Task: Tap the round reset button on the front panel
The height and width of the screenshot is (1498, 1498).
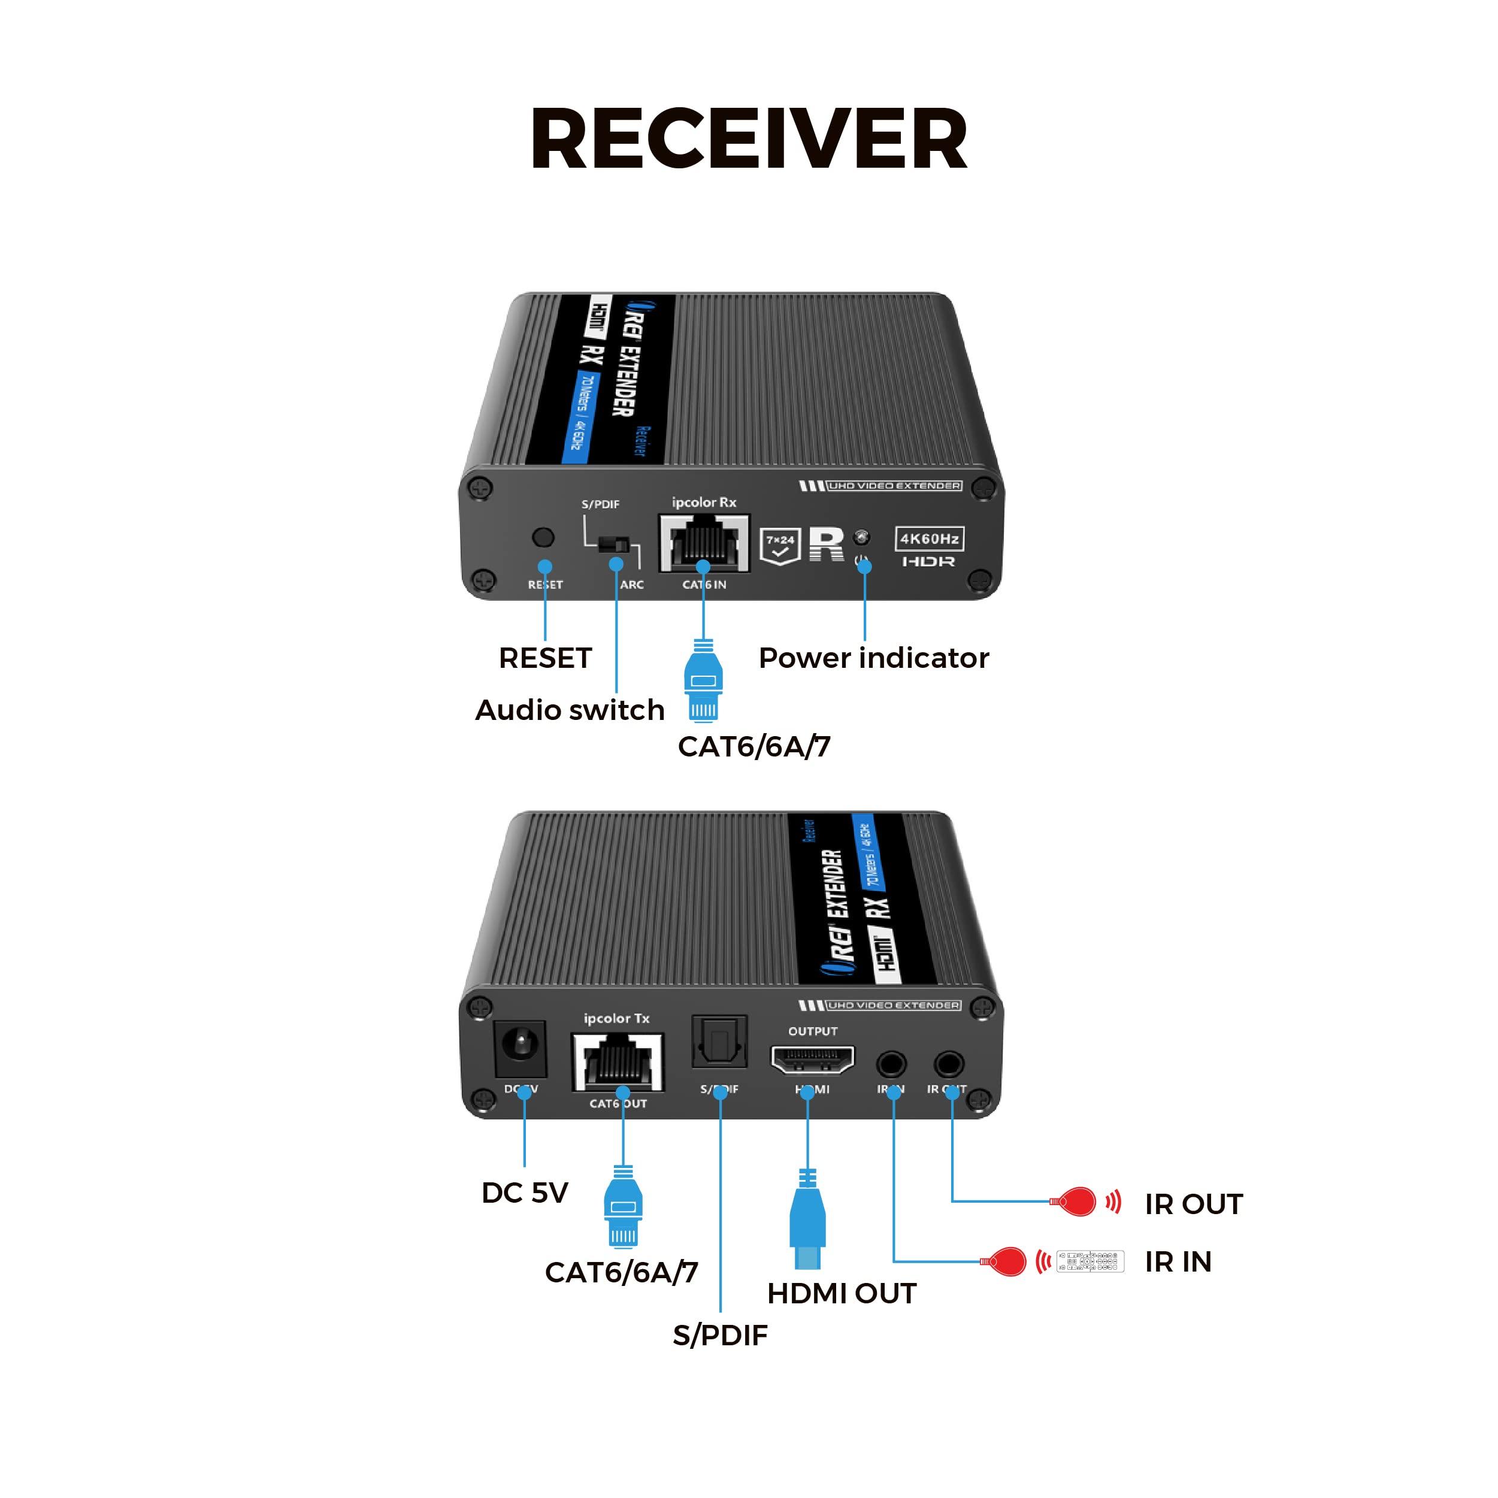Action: tap(543, 537)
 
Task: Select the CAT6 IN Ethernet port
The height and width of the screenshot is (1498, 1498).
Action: tap(704, 543)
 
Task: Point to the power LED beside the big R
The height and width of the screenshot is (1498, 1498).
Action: tap(861, 537)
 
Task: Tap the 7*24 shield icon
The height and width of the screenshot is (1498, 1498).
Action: tap(779, 545)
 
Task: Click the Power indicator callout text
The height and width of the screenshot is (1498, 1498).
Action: tap(873, 658)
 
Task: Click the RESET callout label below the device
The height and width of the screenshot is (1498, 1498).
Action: tap(545, 658)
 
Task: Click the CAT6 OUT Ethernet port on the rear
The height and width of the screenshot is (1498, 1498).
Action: tap(618, 1062)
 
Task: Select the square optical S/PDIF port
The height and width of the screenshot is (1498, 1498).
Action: tap(719, 1042)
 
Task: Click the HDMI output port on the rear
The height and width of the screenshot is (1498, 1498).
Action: tap(812, 1059)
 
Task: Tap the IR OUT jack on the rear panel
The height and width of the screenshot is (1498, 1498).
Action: tap(948, 1064)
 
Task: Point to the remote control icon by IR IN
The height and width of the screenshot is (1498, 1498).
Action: tap(1090, 1261)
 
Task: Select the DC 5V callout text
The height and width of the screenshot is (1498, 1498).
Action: tap(525, 1193)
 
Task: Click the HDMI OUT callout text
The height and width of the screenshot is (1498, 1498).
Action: tap(842, 1293)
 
